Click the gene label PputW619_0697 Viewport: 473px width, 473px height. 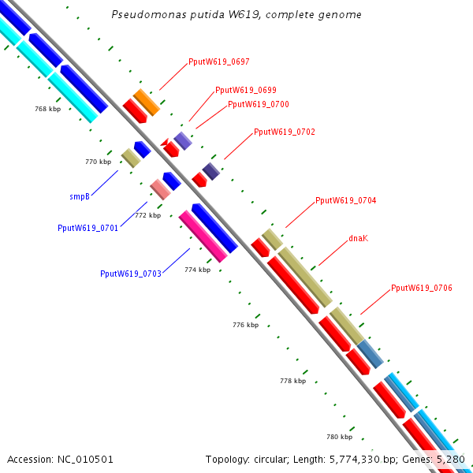(218, 61)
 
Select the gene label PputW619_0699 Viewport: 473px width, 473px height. (245, 90)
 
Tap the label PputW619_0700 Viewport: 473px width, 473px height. (258, 104)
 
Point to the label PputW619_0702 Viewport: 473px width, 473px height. (284, 132)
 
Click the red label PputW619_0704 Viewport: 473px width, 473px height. (345, 200)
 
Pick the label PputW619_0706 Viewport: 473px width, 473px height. (421, 288)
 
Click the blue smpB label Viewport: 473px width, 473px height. (80, 196)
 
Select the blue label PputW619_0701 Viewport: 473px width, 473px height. (88, 228)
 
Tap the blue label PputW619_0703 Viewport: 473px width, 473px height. (130, 274)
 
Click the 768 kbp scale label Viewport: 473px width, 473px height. (47, 109)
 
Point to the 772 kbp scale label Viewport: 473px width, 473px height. (147, 215)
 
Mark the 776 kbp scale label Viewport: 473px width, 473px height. (245, 325)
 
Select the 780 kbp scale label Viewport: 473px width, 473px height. (339, 436)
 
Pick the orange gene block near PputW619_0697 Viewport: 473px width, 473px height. (147, 102)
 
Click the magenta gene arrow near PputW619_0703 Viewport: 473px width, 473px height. (203, 236)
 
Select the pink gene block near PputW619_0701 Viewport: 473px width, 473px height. (160, 189)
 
